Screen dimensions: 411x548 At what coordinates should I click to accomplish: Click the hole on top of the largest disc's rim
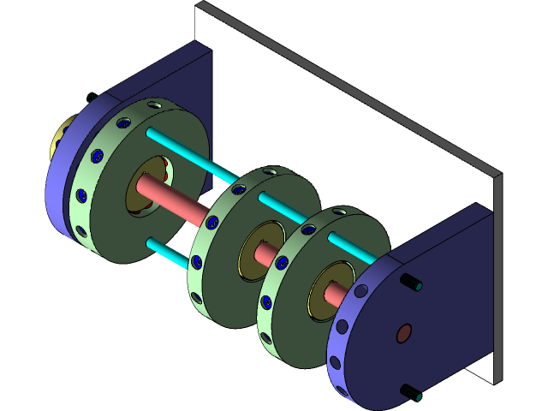click(x=155, y=104)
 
